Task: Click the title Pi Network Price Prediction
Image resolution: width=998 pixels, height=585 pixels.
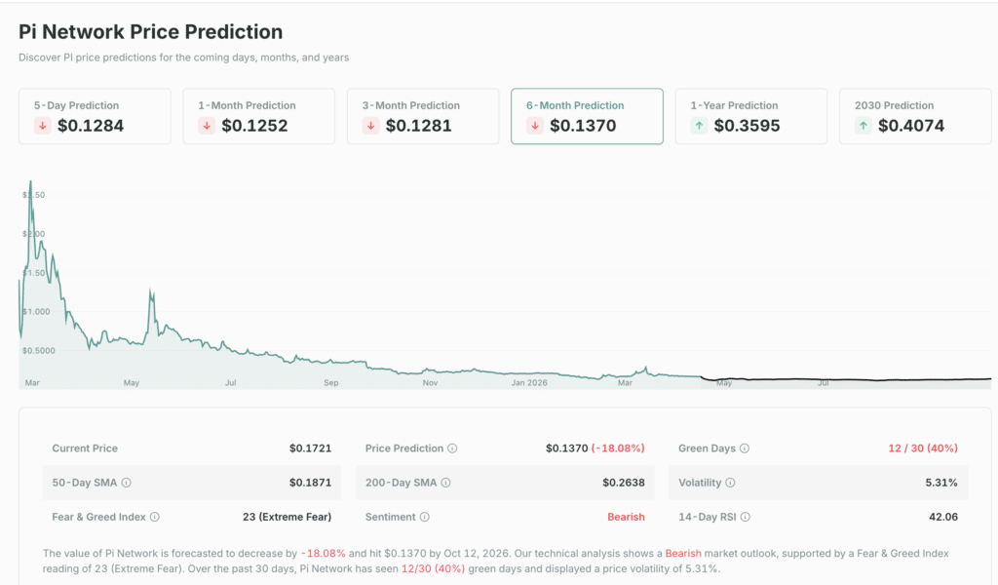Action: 151,32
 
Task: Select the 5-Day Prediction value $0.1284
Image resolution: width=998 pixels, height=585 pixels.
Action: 91,126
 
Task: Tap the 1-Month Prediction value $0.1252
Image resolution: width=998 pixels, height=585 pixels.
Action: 254,126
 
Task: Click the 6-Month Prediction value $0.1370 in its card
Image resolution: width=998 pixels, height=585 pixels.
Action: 583,126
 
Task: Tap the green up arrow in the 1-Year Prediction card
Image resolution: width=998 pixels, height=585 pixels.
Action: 699,126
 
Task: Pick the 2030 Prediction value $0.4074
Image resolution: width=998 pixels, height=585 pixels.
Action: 911,126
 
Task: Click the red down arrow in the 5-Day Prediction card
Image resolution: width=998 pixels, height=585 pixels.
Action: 43,126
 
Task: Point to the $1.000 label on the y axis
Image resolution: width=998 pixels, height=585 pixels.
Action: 38,312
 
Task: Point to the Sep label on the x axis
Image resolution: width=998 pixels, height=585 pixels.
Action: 331,383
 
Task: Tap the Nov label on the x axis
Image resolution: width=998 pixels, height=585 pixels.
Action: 430,383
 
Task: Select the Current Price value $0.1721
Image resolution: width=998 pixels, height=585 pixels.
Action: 310,448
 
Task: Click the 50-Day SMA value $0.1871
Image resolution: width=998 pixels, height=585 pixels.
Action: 310,483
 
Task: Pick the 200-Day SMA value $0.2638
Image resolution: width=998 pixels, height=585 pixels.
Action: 624,483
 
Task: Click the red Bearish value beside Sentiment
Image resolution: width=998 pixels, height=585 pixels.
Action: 626,517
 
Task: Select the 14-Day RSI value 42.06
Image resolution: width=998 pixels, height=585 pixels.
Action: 940,517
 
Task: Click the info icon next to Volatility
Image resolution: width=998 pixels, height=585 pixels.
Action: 730,483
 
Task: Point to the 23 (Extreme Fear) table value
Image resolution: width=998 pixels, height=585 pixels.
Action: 287,517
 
